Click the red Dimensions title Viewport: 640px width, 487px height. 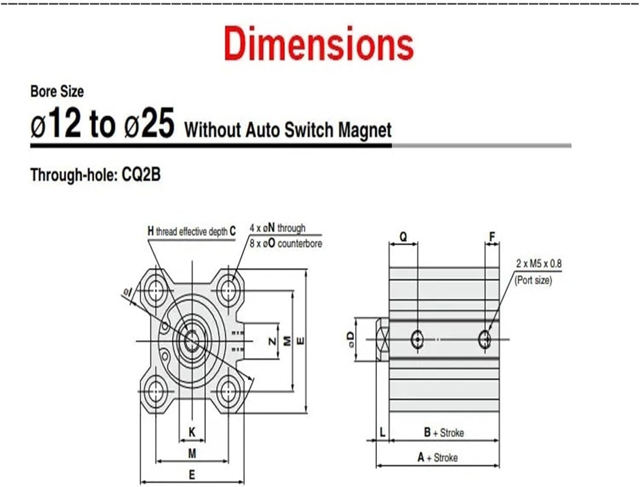(x=319, y=44)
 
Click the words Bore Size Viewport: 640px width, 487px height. (x=57, y=91)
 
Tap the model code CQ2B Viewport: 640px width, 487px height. (x=141, y=175)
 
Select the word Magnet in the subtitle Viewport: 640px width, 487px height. (x=365, y=130)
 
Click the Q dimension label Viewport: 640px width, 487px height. (x=403, y=237)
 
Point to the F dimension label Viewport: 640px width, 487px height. (x=492, y=237)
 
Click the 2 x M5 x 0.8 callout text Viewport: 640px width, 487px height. (x=538, y=264)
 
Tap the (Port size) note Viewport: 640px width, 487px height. (x=533, y=280)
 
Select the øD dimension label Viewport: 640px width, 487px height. (x=351, y=339)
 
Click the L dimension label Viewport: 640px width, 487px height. (x=382, y=432)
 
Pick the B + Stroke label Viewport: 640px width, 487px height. (x=444, y=433)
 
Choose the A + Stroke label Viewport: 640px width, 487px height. (x=437, y=458)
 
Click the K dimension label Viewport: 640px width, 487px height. (x=192, y=432)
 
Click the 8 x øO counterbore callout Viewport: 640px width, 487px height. (x=285, y=244)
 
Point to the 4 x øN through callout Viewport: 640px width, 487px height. (x=277, y=228)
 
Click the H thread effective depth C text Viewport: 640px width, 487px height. (x=191, y=231)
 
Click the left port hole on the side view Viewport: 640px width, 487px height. (x=417, y=339)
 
